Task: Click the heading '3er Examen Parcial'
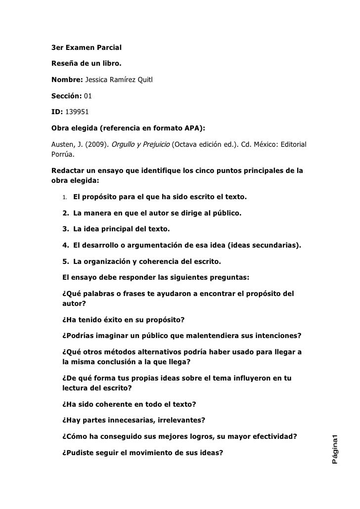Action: tap(87, 48)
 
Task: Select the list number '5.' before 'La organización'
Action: tap(65, 261)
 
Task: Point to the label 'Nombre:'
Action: tap(67, 79)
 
